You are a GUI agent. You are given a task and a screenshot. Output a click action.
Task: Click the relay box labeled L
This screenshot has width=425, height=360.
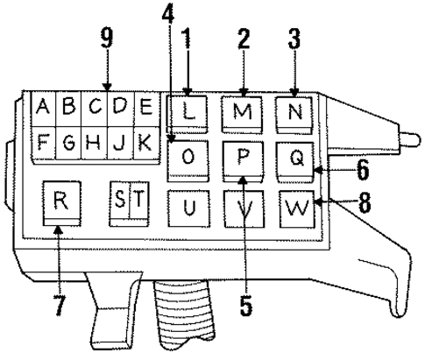click(x=187, y=114)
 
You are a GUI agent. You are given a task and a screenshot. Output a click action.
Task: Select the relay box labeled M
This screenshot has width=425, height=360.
click(x=242, y=115)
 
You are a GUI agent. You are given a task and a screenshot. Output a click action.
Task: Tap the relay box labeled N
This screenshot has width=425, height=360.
click(x=294, y=115)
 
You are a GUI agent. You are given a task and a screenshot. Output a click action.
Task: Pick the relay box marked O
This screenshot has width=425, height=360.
click(x=188, y=161)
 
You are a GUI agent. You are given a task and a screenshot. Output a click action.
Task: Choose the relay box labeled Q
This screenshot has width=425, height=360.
click(x=295, y=162)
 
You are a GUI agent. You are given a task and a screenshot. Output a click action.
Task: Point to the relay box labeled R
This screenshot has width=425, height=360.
click(x=61, y=203)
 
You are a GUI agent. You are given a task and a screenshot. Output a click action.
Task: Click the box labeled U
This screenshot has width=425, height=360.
click(x=189, y=208)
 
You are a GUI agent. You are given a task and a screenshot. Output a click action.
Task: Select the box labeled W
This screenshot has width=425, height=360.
click(x=297, y=209)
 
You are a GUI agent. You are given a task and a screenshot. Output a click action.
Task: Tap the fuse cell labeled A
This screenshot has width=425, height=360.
click(x=43, y=109)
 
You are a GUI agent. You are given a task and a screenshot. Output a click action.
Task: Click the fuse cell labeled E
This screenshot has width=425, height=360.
click(x=147, y=109)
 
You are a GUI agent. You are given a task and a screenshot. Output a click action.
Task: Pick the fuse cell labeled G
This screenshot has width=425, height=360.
click(x=68, y=144)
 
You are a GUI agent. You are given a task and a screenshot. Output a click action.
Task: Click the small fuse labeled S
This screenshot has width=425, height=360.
click(x=119, y=203)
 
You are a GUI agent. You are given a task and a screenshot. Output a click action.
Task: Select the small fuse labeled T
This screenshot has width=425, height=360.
click(x=139, y=203)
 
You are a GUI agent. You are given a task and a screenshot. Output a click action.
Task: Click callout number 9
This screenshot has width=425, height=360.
click(x=107, y=39)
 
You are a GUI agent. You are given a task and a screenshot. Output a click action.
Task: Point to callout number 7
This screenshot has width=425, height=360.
click(x=60, y=305)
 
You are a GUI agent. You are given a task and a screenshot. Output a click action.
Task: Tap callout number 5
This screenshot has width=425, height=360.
click(x=246, y=306)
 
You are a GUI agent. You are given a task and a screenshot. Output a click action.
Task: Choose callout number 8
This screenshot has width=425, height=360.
click(x=365, y=202)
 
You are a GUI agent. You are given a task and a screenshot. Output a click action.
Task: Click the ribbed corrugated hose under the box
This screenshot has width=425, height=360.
click(x=183, y=313)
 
